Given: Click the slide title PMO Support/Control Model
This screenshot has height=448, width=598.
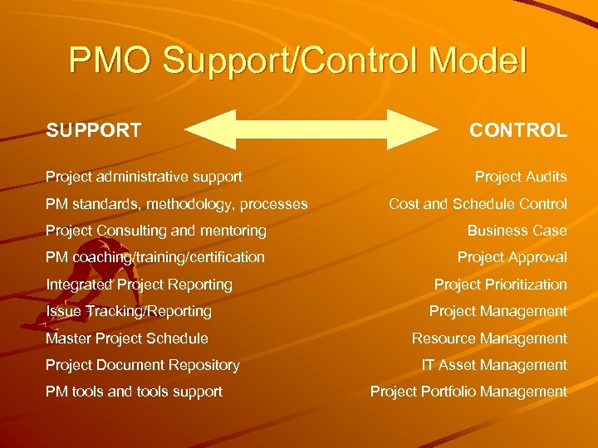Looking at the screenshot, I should click(x=298, y=61).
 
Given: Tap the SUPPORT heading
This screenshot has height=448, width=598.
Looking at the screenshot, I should click(x=94, y=130).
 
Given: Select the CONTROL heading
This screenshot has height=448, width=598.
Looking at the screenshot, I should click(x=518, y=130).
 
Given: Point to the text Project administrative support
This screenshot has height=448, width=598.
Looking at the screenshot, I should click(x=144, y=177).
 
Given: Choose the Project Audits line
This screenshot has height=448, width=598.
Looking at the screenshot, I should click(x=521, y=177).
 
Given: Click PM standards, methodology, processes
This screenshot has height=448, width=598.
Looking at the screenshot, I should click(x=176, y=203).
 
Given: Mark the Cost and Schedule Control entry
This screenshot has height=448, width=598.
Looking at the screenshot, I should click(x=478, y=203).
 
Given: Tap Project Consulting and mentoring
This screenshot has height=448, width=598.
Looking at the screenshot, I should click(x=156, y=231).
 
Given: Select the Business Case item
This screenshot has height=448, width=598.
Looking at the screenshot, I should click(x=517, y=231).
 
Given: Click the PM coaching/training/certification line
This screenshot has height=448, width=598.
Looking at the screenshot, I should click(x=155, y=257).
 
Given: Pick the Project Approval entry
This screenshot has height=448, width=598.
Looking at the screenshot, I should click(x=512, y=257).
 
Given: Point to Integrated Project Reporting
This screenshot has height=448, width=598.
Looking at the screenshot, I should click(x=139, y=285).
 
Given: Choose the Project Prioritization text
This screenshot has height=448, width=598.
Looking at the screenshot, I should click(x=501, y=285).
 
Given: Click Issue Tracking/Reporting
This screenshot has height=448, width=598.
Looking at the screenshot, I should click(x=129, y=311).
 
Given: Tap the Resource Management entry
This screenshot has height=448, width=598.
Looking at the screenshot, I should click(x=490, y=338).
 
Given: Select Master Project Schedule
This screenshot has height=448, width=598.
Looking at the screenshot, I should click(x=127, y=338).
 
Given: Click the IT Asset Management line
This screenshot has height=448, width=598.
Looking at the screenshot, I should click(x=494, y=365).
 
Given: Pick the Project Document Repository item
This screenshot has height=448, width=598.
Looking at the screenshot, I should click(x=143, y=365).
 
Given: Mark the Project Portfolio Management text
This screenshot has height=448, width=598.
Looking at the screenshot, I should click(x=469, y=392).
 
